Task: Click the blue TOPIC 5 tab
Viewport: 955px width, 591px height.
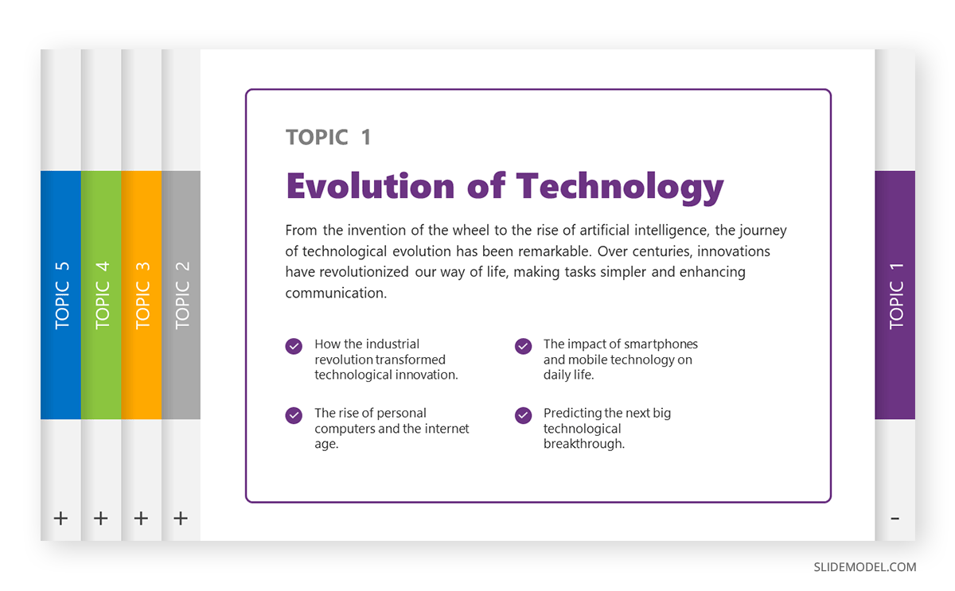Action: click(61, 294)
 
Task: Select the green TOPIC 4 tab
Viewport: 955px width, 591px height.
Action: click(101, 294)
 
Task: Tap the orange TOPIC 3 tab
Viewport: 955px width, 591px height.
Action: click(142, 294)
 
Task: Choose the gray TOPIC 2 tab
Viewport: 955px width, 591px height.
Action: click(181, 294)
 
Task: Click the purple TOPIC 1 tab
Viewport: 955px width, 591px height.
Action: click(895, 294)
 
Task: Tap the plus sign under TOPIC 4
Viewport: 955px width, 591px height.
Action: click(101, 519)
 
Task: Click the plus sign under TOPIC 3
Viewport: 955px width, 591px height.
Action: click(141, 519)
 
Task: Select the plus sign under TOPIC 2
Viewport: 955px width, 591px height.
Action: click(181, 519)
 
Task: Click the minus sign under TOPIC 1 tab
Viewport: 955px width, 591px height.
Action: click(895, 519)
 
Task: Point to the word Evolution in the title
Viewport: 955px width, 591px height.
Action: click(369, 185)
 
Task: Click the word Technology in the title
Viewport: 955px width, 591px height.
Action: click(620, 185)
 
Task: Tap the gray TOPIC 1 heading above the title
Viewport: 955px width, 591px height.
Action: click(328, 137)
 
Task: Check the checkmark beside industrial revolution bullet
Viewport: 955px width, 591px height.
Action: click(294, 346)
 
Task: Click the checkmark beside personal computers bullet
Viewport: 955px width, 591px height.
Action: click(294, 415)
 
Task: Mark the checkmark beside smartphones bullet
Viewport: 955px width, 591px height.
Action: click(523, 346)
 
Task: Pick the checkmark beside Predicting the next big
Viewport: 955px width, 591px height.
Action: click(523, 415)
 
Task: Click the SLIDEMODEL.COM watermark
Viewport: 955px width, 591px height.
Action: click(864, 567)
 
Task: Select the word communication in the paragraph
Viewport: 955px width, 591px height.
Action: click(335, 293)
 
